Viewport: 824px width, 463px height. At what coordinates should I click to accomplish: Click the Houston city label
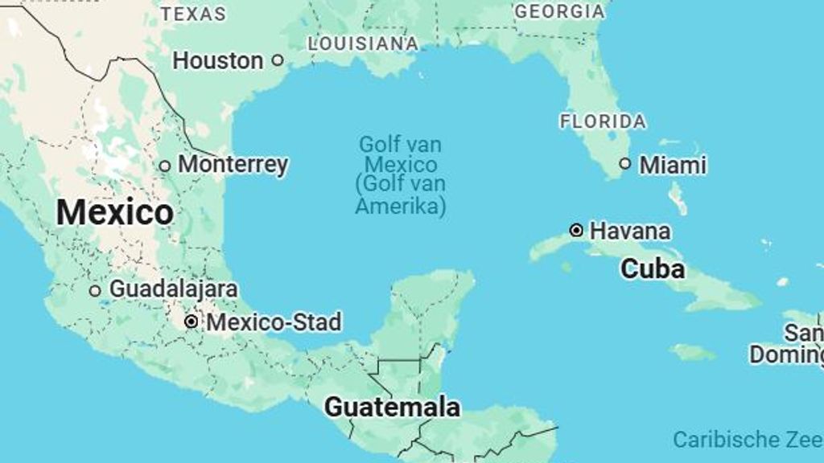[x=218, y=60]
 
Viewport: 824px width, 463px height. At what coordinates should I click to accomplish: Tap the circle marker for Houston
[x=278, y=60]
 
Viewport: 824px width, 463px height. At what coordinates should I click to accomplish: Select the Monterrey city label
[x=233, y=165]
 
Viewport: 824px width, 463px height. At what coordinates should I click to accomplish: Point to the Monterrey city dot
[x=165, y=166]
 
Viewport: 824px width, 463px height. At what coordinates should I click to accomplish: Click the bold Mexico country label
[x=114, y=213]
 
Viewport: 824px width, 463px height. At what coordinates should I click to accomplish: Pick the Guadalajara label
[x=173, y=289]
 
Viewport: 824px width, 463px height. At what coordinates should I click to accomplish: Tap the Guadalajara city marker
[x=95, y=290]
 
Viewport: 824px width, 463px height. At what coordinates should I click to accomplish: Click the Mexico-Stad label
[x=274, y=322]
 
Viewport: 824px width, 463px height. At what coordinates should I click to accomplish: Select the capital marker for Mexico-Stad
[x=191, y=322]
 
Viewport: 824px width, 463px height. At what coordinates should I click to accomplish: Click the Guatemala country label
[x=392, y=407]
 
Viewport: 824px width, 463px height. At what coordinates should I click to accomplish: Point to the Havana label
[x=629, y=231]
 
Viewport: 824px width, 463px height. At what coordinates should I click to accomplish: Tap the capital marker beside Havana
[x=576, y=231]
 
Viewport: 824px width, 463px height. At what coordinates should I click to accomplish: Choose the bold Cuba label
[x=652, y=268]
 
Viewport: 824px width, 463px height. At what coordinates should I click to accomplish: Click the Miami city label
[x=672, y=166]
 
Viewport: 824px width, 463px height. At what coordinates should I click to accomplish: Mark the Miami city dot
[x=625, y=164]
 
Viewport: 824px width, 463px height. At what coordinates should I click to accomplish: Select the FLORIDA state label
[x=603, y=122]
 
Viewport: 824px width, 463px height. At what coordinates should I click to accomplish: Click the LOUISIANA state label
[x=363, y=43]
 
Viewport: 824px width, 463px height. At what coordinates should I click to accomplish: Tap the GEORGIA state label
[x=559, y=11]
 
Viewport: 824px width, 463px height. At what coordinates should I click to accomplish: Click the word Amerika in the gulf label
[x=400, y=206]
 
